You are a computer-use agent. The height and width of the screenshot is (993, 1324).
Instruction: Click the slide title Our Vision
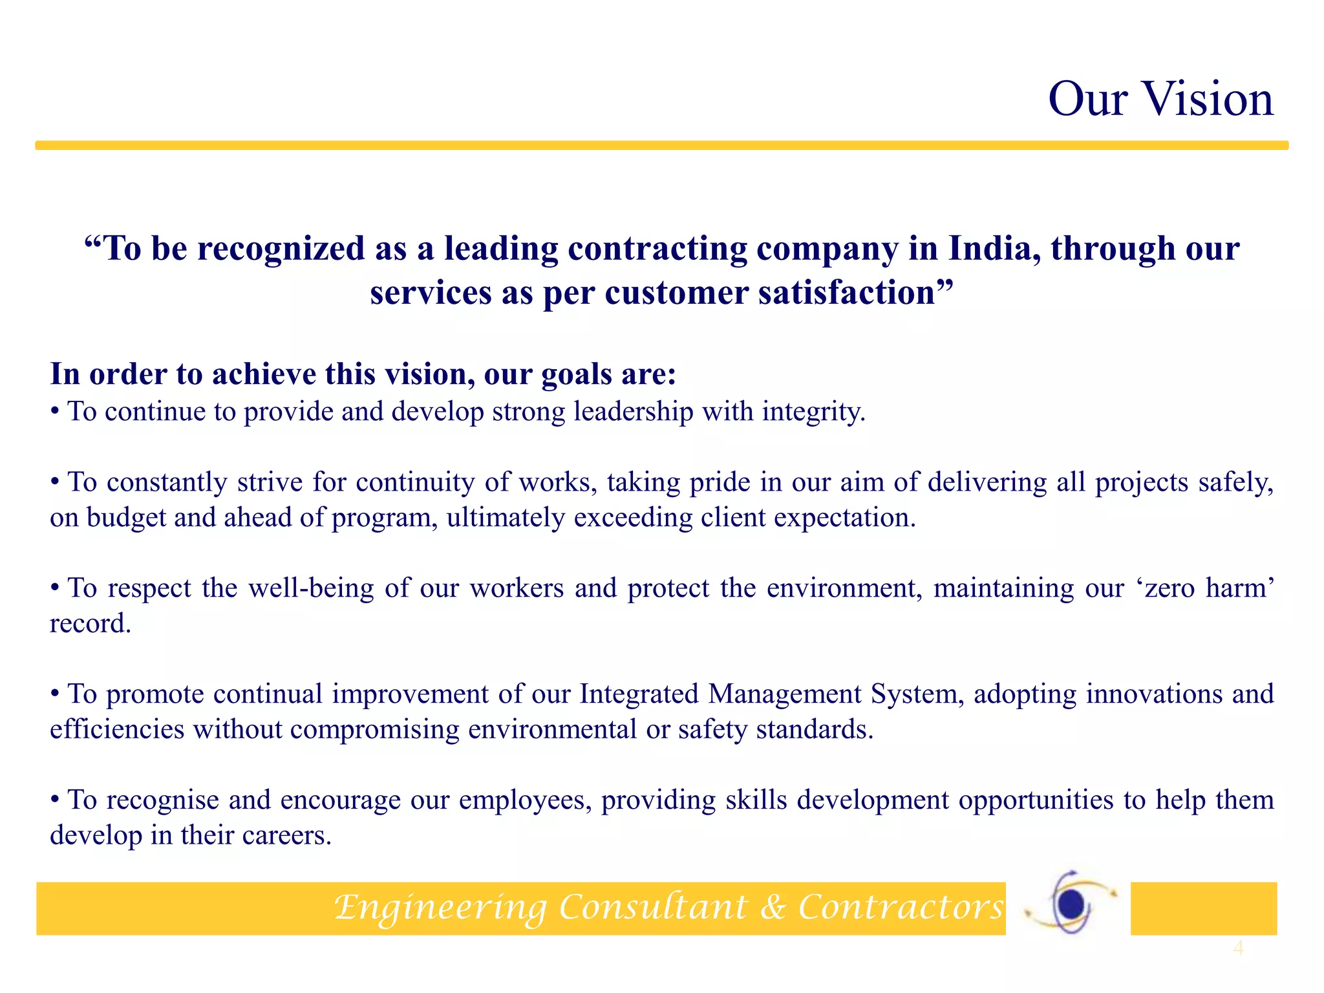1160,100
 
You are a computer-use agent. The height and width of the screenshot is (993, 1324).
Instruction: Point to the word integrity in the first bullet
813,412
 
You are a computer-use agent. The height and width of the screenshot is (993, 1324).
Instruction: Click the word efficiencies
117,730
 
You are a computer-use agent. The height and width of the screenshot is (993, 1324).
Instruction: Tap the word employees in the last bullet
525,800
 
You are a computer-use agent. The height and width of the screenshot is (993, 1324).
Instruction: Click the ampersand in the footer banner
773,906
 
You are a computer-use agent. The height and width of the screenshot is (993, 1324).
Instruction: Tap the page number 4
1238,948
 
